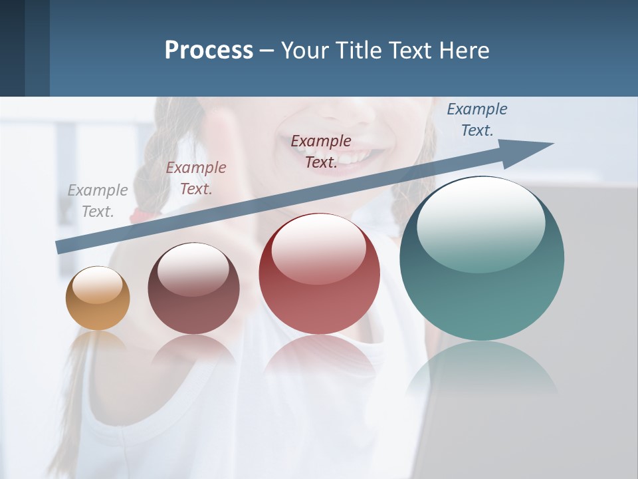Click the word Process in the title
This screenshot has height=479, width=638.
[x=209, y=51]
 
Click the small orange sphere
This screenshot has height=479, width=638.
[x=98, y=299]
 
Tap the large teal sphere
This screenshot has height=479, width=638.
[x=482, y=259]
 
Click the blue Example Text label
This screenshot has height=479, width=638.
[x=477, y=120]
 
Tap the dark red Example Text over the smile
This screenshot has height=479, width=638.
[x=321, y=152]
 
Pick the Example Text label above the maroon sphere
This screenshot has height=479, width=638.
[x=196, y=178]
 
